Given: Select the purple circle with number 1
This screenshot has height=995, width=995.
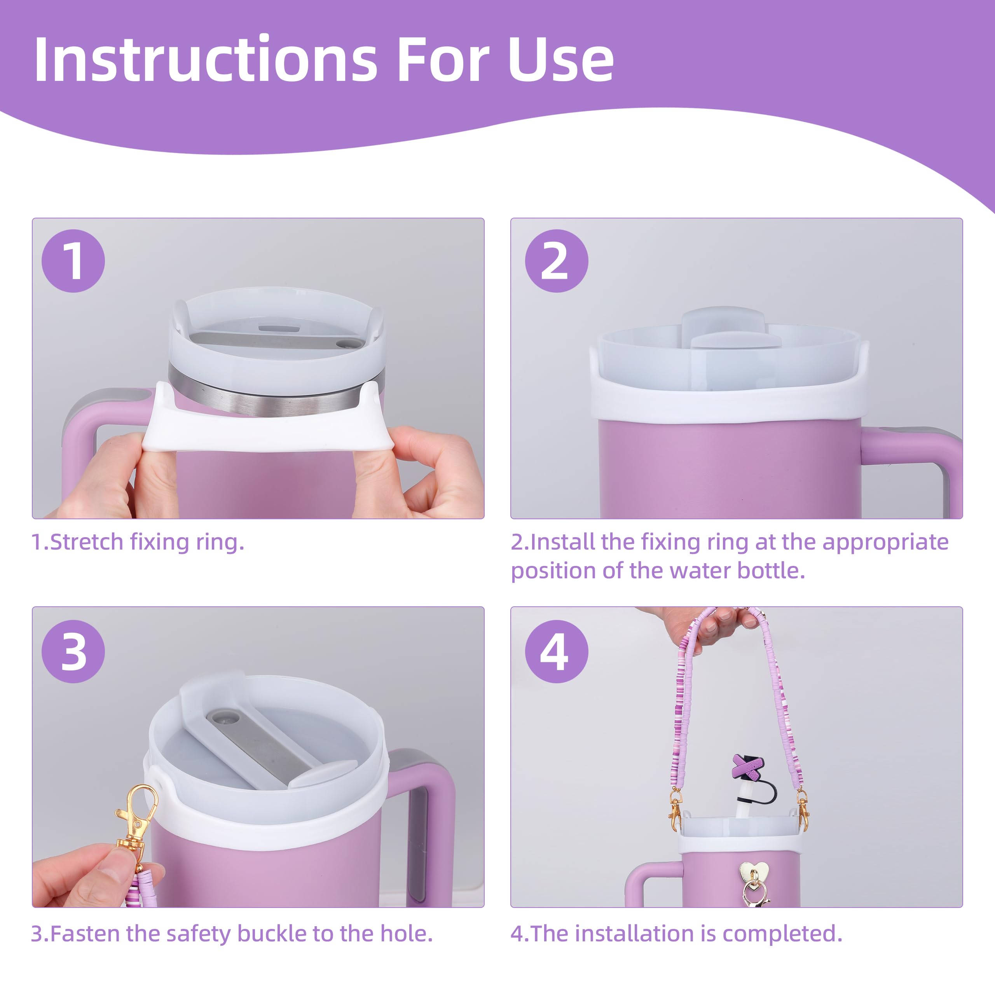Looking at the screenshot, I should pyautogui.click(x=73, y=261).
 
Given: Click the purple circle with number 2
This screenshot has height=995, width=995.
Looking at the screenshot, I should pyautogui.click(x=556, y=261).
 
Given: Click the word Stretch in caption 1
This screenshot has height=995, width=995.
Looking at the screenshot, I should pyautogui.click(x=87, y=542).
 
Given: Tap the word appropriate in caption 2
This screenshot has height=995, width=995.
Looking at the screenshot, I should pyautogui.click(x=885, y=542).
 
